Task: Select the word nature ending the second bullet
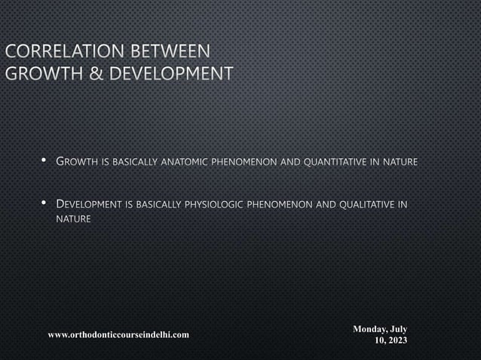coord(74,219)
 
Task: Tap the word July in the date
coord(399,329)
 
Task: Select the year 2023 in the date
coord(397,340)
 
